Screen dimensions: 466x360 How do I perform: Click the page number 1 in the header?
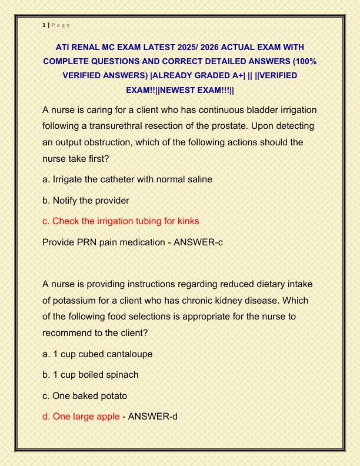(x=44, y=25)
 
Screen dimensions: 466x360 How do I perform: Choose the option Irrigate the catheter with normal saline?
(x=127, y=179)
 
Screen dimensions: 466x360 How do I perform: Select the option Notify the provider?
(x=86, y=200)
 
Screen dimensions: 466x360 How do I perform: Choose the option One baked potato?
(x=85, y=395)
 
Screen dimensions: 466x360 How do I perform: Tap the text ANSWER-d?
(x=152, y=417)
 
